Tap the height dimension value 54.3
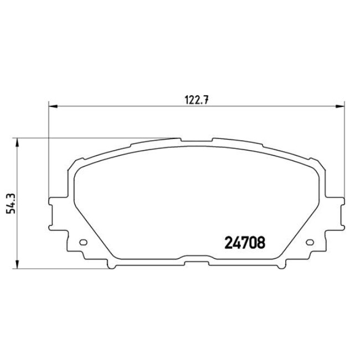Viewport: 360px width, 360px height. pyautogui.click(x=8, y=203)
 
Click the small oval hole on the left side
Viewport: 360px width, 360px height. pyautogui.click(x=83, y=241)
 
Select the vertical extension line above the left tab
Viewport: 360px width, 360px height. pyautogui.click(x=49, y=150)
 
